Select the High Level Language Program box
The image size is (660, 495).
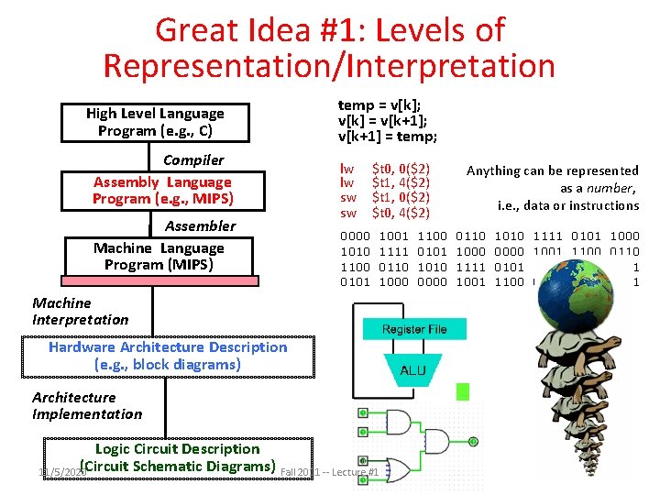pos(154,122)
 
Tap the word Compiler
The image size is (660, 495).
pos(192,159)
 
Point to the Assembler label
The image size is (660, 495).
pos(200,225)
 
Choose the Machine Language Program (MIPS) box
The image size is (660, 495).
pos(159,257)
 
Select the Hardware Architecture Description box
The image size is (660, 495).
pos(168,356)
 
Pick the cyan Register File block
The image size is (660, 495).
pos(414,329)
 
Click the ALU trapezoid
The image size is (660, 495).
pos(412,370)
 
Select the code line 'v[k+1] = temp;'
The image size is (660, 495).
pos(388,137)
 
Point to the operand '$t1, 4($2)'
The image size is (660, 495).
pos(401,183)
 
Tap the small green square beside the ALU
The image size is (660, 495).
pos(463,392)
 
